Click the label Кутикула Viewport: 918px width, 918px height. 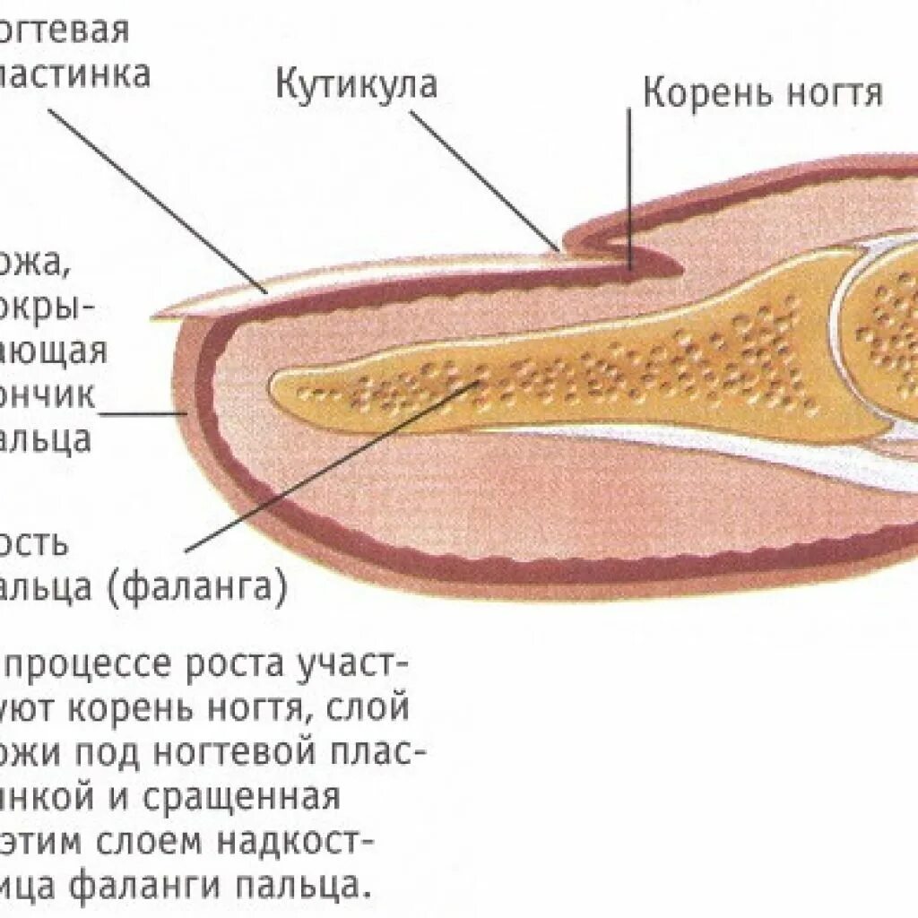click(356, 85)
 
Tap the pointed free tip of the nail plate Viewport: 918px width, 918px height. click(161, 314)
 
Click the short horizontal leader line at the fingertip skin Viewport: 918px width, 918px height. click(143, 414)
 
